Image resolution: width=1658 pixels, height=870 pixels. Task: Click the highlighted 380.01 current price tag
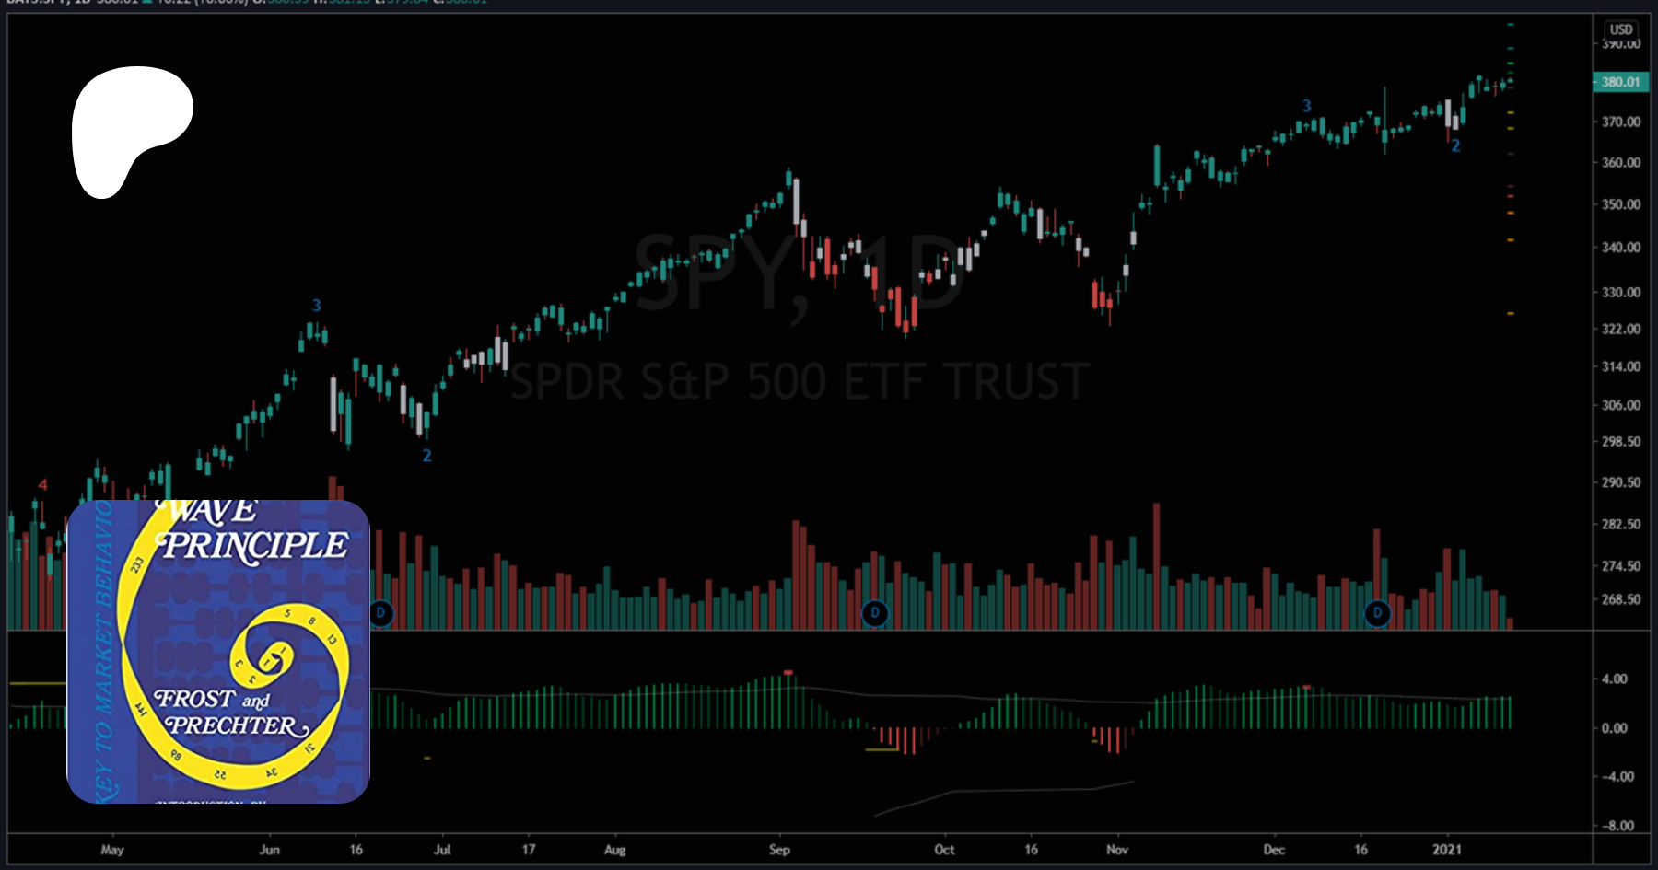point(1620,82)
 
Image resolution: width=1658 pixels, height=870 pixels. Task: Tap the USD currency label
point(1621,29)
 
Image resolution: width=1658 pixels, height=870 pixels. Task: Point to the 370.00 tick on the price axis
point(1621,122)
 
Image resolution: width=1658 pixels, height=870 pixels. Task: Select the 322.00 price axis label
point(1621,329)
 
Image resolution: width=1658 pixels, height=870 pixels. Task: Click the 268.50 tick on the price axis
point(1621,599)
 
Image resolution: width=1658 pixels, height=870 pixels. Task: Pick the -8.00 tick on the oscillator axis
point(1618,826)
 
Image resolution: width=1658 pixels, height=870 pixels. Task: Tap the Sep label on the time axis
point(779,850)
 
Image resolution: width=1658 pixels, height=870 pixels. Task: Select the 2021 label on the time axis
point(1446,850)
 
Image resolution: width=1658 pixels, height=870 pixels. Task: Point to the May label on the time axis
point(112,850)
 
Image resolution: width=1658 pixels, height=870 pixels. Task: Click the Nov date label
point(1117,850)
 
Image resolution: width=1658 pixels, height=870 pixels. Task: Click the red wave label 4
point(42,485)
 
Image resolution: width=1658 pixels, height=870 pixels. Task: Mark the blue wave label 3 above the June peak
point(317,306)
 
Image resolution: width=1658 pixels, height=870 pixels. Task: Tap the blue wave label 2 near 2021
point(1455,146)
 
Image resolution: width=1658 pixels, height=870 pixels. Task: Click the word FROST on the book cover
point(194,700)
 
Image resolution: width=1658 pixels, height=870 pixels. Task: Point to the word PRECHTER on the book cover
point(236,726)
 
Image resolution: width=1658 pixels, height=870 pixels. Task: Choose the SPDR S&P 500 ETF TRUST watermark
point(800,382)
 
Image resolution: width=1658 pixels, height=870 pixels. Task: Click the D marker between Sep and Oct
point(875,612)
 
